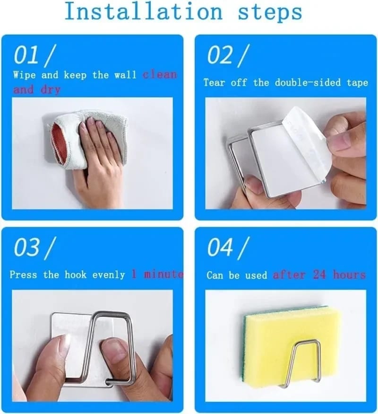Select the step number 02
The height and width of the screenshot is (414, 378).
coord(220,55)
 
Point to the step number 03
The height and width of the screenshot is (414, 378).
coord(27,247)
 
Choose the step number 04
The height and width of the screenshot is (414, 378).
coord(221,247)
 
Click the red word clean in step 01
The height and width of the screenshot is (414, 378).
coord(160,75)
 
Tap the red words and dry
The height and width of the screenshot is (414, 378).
coord(37,89)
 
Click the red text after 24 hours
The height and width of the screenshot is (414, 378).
coord(319,275)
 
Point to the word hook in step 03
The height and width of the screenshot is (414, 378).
coord(76,275)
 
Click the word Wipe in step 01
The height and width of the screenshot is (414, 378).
coord(24,75)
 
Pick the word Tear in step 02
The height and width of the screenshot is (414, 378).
coord(214,82)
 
